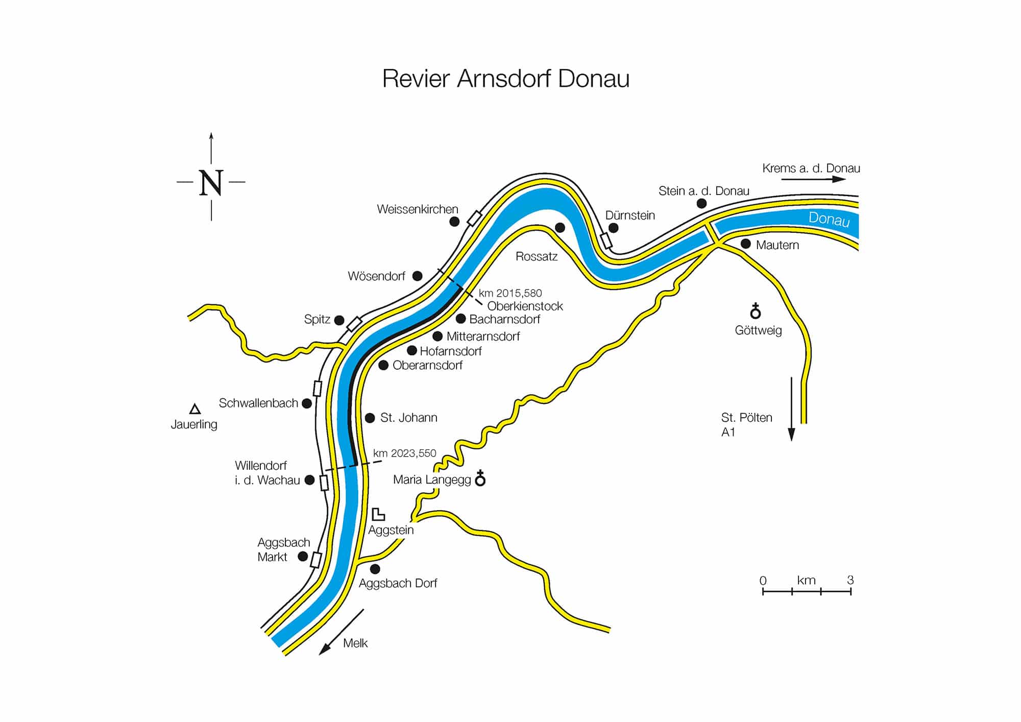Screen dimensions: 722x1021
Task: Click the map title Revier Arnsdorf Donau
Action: (x=505, y=79)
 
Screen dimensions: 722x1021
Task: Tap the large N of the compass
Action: (x=211, y=182)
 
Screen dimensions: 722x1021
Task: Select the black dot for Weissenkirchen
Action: (x=454, y=222)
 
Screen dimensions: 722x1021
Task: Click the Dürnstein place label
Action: (x=630, y=215)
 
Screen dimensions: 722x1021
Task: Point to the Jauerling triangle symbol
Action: (x=195, y=409)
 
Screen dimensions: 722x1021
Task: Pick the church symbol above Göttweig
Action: (x=756, y=310)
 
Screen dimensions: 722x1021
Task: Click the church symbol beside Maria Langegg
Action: (x=480, y=478)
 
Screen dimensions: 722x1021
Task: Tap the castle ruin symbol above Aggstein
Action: (x=378, y=514)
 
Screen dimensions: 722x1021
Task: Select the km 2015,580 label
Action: (x=510, y=293)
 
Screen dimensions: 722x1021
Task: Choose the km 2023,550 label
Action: (x=404, y=453)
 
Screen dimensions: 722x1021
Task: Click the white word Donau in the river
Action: (x=829, y=219)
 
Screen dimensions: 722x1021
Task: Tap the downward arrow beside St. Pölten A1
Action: (x=791, y=408)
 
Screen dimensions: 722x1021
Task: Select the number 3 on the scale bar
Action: (x=850, y=580)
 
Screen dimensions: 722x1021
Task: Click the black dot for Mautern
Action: (x=746, y=244)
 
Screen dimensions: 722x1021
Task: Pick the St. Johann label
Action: (x=408, y=418)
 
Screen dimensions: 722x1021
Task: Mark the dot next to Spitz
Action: (x=339, y=320)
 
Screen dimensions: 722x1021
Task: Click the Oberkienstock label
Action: (x=525, y=306)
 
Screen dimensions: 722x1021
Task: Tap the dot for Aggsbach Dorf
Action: (x=375, y=569)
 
